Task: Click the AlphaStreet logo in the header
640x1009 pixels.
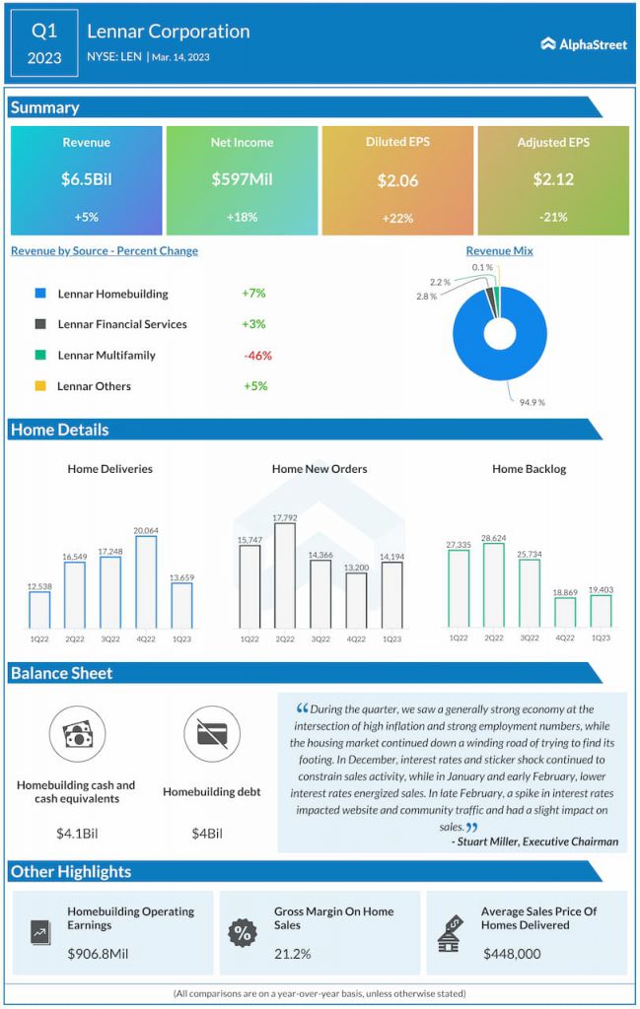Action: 584,44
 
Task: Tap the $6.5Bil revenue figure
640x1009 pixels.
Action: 86,179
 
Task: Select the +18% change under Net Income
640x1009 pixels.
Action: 242,217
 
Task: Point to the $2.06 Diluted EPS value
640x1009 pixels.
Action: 397,180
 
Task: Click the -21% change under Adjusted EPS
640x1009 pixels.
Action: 553,217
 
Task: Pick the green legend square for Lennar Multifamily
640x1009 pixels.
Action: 40,355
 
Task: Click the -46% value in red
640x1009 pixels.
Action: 257,356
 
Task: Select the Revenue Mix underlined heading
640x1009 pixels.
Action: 499,251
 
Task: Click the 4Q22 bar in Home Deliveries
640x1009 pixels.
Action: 146,581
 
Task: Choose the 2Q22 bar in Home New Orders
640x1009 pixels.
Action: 284,575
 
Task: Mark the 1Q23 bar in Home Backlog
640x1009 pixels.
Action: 601,610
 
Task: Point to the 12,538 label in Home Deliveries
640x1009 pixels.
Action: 39,586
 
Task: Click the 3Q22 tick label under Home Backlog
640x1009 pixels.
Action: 530,639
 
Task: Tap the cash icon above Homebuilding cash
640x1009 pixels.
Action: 76,735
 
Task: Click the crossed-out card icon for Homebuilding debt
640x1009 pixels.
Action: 212,735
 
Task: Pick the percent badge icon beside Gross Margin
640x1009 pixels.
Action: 242,932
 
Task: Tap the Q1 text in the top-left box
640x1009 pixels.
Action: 43,31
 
